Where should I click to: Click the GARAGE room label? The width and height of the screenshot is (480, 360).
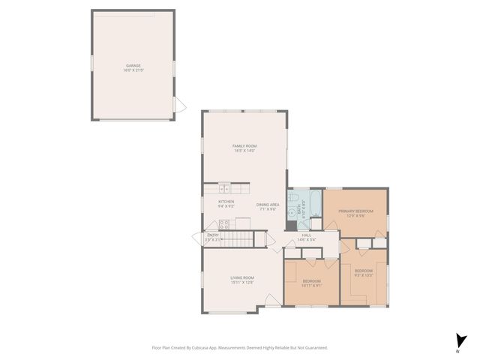(133, 65)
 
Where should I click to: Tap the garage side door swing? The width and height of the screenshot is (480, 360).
(179, 106)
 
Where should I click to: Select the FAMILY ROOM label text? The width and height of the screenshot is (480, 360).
(244, 145)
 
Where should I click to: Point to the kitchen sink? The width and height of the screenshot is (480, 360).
(224, 189)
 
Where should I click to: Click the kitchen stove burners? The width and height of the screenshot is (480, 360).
(223, 223)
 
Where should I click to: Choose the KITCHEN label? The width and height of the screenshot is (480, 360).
(226, 201)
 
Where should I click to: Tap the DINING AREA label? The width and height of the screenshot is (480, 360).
(268, 205)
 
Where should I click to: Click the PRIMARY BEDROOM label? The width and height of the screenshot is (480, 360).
(355, 211)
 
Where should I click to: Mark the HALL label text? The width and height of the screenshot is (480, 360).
(307, 235)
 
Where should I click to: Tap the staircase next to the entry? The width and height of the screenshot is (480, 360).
(238, 240)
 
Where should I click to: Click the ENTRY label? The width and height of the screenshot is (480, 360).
(213, 235)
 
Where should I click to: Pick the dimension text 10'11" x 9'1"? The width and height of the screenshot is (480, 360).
(312, 286)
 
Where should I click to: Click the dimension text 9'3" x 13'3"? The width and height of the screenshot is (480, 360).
(364, 274)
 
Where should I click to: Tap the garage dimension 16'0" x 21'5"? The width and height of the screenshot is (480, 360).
(133, 70)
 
